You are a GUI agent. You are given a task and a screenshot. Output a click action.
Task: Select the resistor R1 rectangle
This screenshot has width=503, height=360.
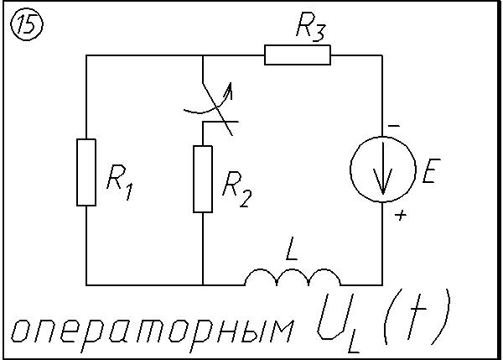(86, 172)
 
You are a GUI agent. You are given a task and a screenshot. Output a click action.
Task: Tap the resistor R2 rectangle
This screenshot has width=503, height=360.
(203, 179)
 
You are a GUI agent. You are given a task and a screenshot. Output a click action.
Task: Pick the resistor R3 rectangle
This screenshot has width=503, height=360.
(298, 55)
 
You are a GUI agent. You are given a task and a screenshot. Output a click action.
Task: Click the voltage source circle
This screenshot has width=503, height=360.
(382, 170)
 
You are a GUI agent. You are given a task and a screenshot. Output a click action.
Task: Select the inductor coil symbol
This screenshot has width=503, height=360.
(293, 278)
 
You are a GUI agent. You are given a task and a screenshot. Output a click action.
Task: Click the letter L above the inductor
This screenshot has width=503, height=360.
(293, 250)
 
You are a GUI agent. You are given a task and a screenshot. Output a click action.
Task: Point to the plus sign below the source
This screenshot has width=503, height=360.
(401, 217)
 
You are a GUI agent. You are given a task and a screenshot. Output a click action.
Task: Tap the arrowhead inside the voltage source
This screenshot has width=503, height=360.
(382, 188)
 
